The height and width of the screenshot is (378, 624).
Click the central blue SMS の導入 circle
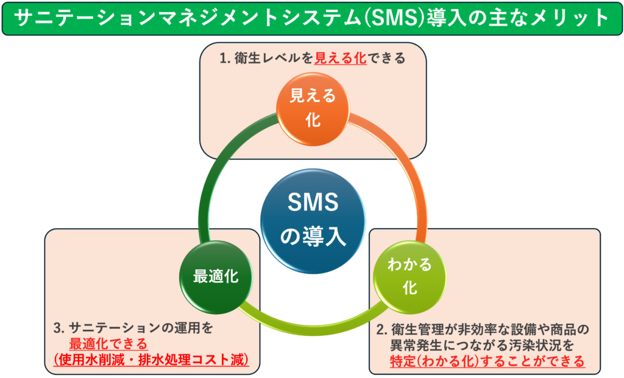[x=313, y=219]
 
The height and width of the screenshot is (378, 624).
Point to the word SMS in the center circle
[x=313, y=204]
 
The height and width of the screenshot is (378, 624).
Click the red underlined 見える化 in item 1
[x=341, y=59]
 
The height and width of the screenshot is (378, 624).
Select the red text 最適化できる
[x=108, y=343]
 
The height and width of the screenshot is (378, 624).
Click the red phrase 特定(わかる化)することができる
[x=487, y=361]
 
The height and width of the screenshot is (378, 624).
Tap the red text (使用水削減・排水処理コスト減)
[x=151, y=360]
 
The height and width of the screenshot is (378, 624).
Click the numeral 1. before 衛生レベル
[x=224, y=59]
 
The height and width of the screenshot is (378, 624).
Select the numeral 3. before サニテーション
[x=59, y=328]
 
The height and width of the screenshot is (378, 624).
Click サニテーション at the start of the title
[x=63, y=19]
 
